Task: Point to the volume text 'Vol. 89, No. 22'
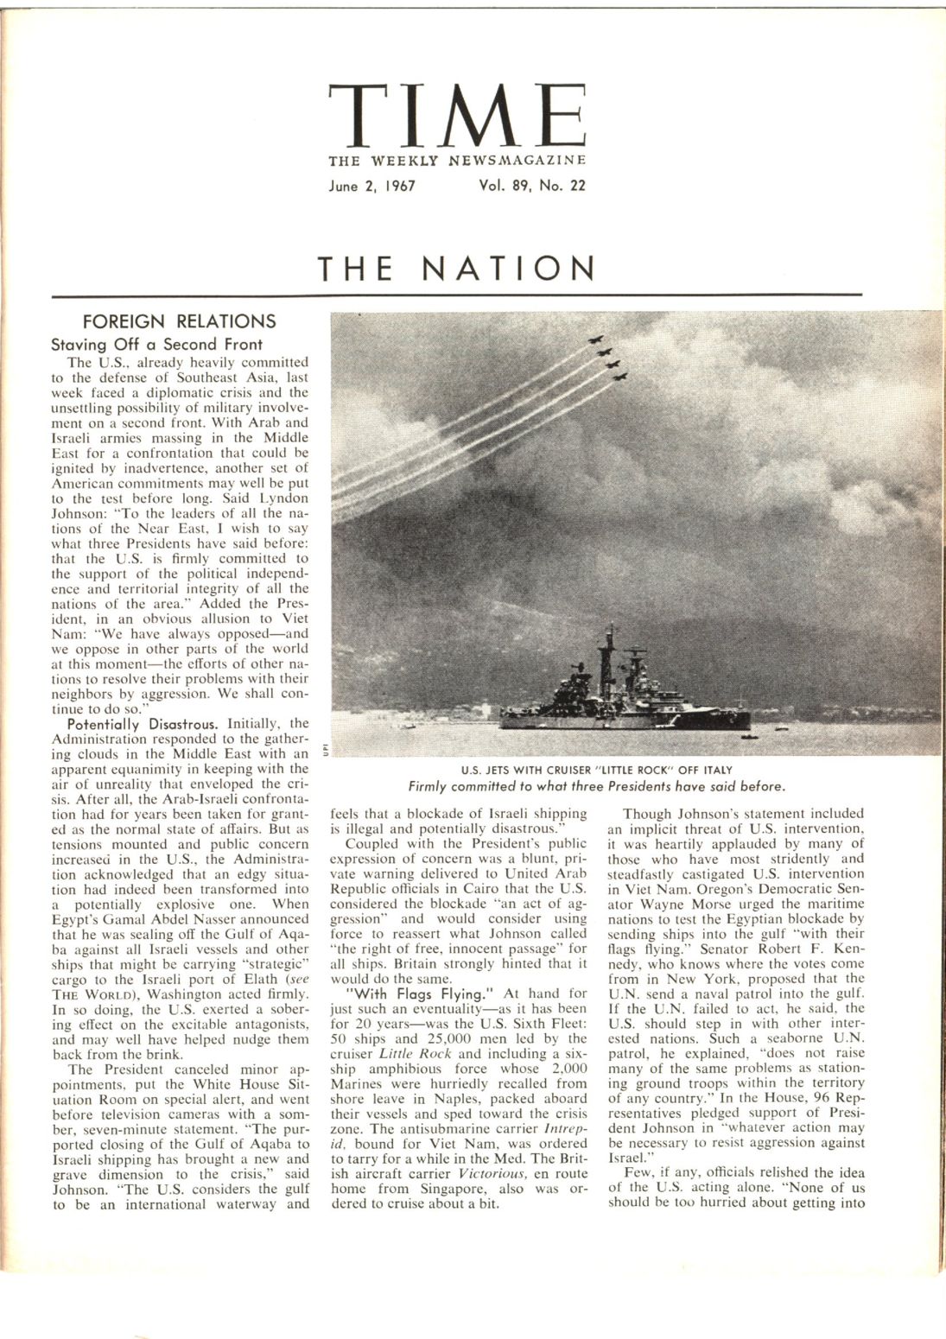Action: [x=531, y=186]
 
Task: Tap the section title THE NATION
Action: [x=457, y=268]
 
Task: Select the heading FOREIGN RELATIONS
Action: [x=179, y=321]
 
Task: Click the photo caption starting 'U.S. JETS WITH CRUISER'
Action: [x=596, y=771]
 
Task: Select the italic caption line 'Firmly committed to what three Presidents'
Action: [x=596, y=786]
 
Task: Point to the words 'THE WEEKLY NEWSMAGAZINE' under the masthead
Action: [x=457, y=161]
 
